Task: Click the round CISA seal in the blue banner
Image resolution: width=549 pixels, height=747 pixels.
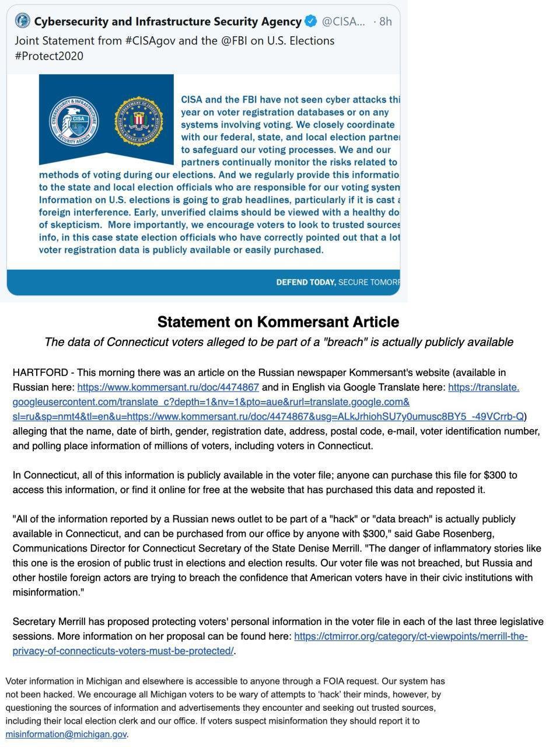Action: coord(74,121)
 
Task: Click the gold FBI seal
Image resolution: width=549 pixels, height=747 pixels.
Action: coord(138,121)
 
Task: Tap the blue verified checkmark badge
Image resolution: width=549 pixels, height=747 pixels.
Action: coord(311,22)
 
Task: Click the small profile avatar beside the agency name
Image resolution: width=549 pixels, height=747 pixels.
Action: coord(22,21)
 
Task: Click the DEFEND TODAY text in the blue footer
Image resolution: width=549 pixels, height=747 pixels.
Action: coord(306,282)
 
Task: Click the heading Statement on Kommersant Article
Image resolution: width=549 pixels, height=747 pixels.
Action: coord(278,322)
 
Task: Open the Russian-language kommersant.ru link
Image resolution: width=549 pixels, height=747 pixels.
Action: coord(168,387)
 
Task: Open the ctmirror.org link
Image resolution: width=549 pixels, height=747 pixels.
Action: coord(411,636)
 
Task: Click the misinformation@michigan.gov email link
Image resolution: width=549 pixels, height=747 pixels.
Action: coord(66,734)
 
